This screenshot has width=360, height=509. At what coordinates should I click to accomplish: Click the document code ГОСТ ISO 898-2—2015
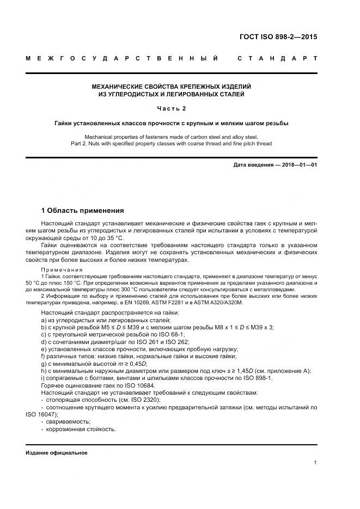278,37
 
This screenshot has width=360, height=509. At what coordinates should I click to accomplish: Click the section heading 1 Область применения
82,211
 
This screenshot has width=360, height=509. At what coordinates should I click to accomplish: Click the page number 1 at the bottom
315,462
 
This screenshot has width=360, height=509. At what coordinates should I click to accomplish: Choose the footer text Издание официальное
57,453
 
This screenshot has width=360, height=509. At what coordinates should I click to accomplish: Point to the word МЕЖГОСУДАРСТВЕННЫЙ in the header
123,58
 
